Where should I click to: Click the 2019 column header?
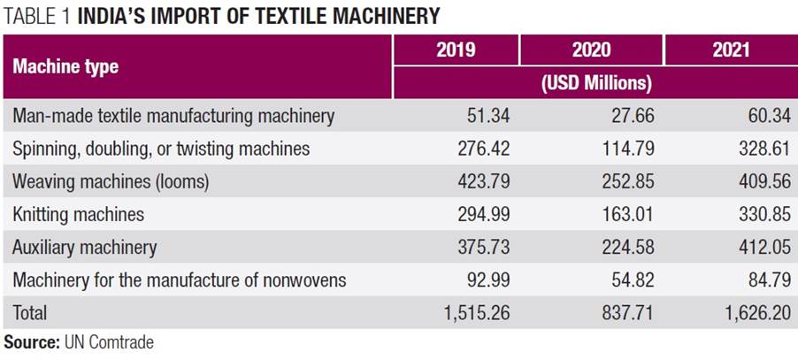click(456, 50)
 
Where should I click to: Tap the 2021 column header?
click(731, 50)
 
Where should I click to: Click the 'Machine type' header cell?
click(65, 66)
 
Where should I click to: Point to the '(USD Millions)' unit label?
click(595, 83)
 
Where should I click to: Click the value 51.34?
click(487, 116)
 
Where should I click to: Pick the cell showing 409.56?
click(759, 181)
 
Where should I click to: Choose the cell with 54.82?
click(627, 280)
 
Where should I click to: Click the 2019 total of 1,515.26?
click(475, 313)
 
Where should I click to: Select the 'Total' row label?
click(29, 313)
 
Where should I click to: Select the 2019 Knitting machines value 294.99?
click(482, 214)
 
